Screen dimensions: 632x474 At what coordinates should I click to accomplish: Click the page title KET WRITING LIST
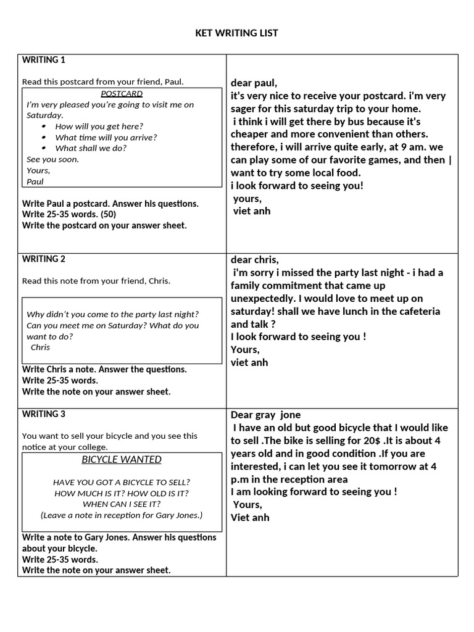coord(236,33)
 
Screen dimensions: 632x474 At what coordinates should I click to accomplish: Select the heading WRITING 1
coord(43,60)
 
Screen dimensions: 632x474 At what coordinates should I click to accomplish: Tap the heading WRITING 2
coord(43,259)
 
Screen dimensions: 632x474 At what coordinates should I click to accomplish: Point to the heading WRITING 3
coord(43,414)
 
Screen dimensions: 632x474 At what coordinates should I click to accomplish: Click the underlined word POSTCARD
coord(122,94)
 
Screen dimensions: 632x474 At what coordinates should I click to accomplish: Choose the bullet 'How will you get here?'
coord(99,126)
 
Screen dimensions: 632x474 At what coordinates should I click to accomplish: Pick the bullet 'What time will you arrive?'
coord(106,137)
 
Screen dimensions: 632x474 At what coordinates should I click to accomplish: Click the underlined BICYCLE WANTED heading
coord(122,459)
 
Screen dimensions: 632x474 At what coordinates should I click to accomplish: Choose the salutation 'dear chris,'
coord(255,259)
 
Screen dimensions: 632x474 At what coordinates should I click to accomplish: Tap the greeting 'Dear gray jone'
coord(265,415)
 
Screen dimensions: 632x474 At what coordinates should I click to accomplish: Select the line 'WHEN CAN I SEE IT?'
coord(121,504)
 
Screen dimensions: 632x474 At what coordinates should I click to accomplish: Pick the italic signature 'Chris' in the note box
coord(40,347)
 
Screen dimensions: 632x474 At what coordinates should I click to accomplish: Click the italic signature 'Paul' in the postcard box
coord(35,181)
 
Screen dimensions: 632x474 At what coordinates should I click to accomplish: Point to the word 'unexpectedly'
coord(259,298)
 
